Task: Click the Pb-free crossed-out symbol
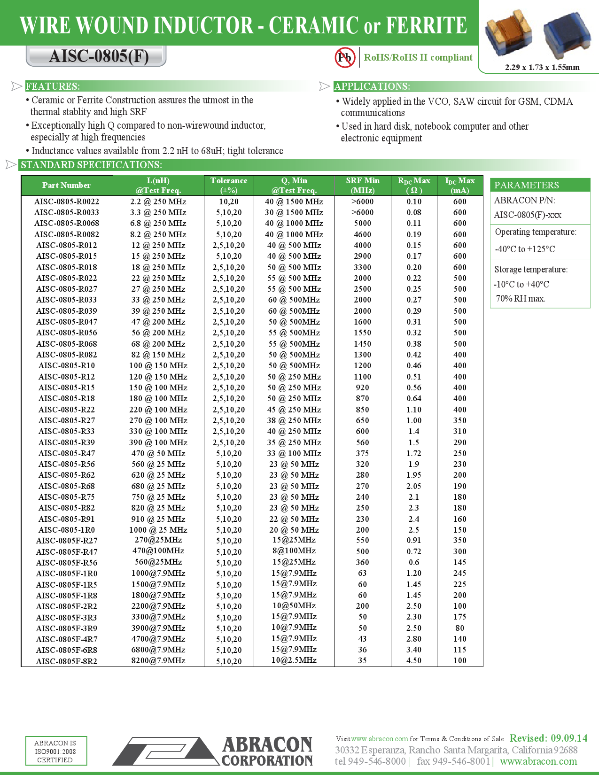point(345,57)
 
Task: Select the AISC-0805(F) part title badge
point(97,56)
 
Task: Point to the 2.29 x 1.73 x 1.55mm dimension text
point(542,67)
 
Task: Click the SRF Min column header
point(363,185)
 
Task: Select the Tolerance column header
point(229,185)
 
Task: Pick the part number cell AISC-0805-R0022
point(67,201)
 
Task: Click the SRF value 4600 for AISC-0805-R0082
point(363,234)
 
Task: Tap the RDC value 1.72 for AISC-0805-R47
point(414,453)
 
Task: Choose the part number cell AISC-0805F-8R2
point(67,661)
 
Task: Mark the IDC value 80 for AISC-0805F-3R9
point(460,628)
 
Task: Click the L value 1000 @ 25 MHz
point(158,530)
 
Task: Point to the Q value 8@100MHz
point(294,551)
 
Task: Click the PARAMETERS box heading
point(527,185)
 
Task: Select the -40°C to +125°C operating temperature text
point(525,249)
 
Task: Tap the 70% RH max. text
point(521,299)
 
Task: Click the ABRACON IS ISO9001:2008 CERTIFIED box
point(55,751)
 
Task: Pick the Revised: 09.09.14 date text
point(548,738)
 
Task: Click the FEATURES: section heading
point(53,86)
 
